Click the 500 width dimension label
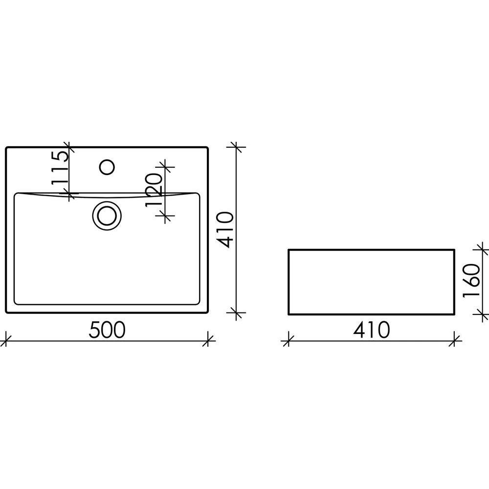(107, 330)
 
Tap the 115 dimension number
(60, 168)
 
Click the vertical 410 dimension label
(225, 230)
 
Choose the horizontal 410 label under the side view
(372, 330)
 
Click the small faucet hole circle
(107, 167)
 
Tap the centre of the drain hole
(107, 216)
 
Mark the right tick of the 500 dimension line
(208, 341)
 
